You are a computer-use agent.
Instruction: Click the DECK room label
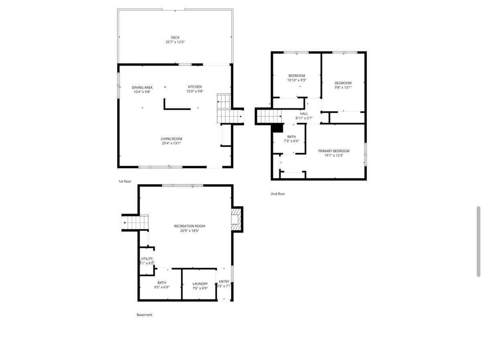175,38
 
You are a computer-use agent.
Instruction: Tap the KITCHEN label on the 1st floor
195,87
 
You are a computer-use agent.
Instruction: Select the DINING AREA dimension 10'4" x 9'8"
142,92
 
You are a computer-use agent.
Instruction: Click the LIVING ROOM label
171,139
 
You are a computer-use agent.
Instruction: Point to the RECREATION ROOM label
189,226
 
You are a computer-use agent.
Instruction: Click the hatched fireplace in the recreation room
237,219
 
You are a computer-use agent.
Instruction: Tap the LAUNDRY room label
200,284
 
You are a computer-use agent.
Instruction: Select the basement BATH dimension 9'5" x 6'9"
162,287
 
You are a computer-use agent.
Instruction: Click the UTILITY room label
147,259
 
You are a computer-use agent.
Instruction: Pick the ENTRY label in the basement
224,282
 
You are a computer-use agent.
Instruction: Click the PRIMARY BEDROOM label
334,151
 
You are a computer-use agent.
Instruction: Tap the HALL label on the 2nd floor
304,114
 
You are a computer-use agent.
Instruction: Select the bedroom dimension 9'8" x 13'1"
343,87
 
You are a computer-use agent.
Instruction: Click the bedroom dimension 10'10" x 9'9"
297,80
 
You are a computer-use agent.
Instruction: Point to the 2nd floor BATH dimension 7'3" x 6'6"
291,141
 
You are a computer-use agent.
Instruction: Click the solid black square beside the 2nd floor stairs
277,128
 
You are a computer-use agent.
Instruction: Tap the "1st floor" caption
124,181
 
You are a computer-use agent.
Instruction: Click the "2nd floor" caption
278,194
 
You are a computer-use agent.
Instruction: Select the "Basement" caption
144,315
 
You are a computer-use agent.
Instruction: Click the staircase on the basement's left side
135,222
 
